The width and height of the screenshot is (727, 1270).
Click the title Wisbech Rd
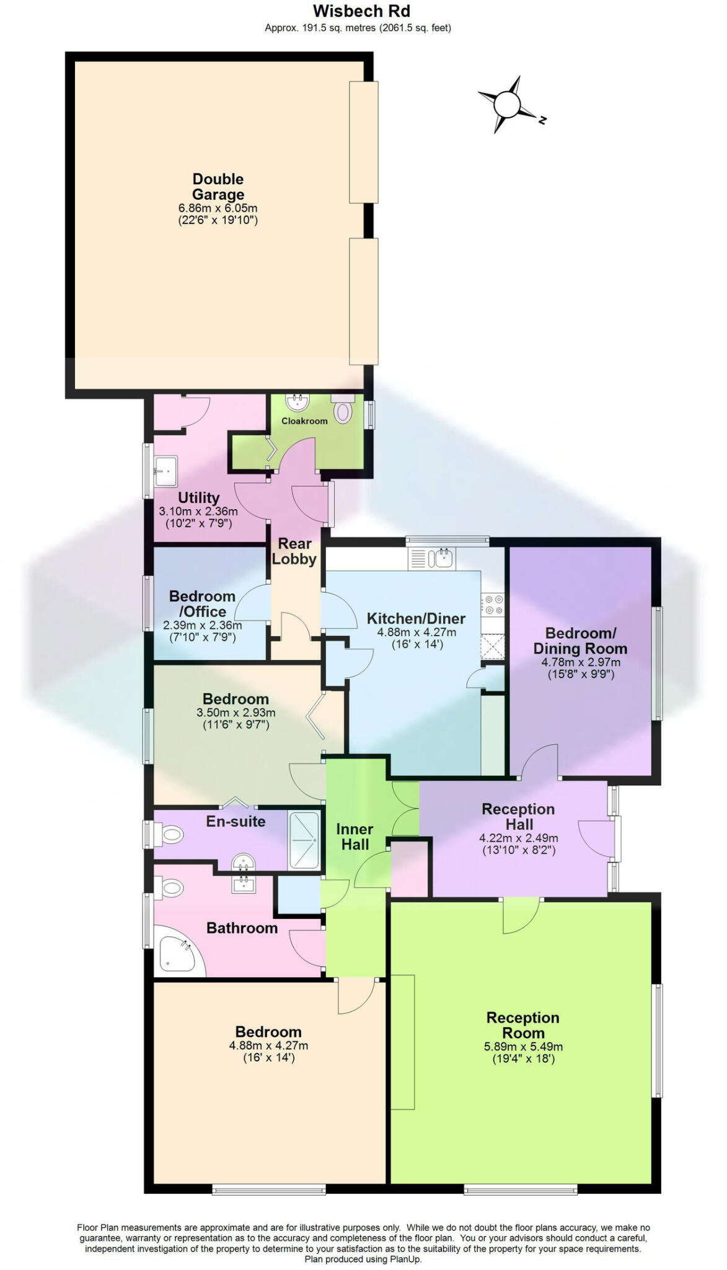pos(361,11)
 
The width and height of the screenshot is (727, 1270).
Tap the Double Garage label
pos(218,187)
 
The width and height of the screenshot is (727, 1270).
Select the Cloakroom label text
pos(304,421)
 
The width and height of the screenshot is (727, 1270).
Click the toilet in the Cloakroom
pos(343,411)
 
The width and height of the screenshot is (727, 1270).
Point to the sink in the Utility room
pos(165,471)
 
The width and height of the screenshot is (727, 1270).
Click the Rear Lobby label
pos(294,551)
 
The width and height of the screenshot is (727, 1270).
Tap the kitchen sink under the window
pos(444,558)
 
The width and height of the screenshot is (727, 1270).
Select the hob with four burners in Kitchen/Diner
pos(494,605)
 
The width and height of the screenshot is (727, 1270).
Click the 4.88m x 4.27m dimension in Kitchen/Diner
pos(416,633)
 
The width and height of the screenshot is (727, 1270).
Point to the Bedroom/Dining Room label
pos(580,641)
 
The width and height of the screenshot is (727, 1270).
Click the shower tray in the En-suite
pos(304,840)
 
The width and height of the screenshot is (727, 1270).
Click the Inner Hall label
pos(355,837)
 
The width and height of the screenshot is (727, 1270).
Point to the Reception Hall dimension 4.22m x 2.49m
pos(518,838)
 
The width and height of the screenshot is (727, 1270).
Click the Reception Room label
pos(523,1025)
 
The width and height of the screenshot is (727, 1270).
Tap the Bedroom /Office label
pos(202,603)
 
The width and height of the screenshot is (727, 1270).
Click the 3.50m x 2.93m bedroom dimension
pos(236,713)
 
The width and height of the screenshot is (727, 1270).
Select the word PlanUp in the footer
pos(405,1259)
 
